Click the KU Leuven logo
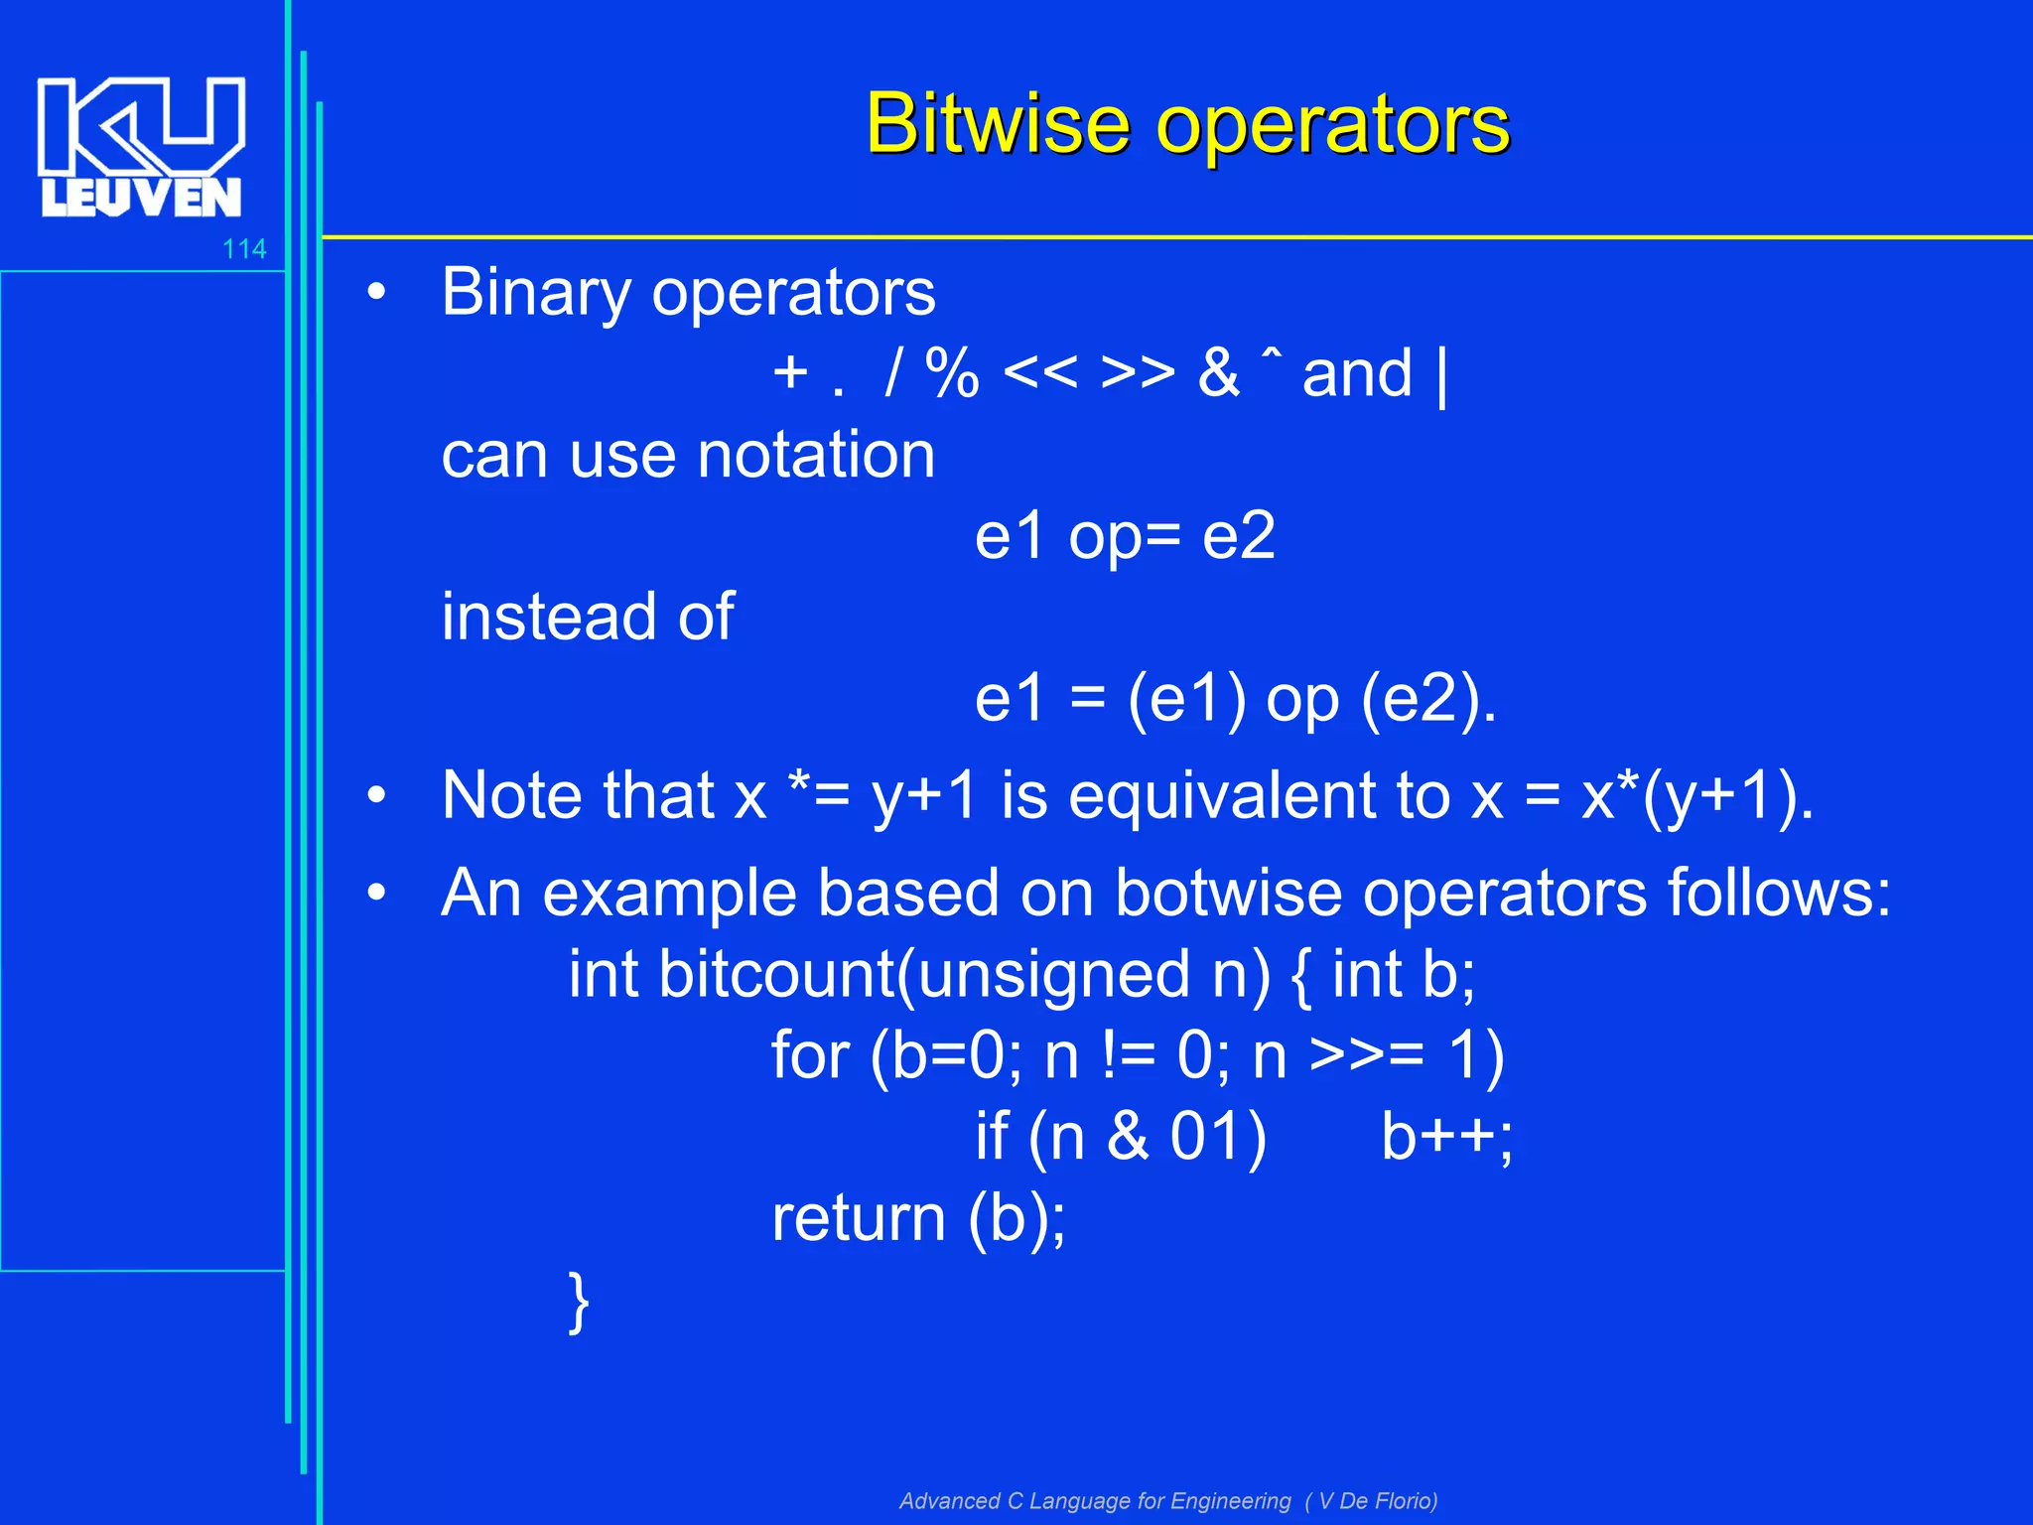(x=141, y=146)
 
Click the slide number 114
(x=244, y=249)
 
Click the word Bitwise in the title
(x=997, y=124)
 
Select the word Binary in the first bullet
(x=536, y=293)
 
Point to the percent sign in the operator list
(x=951, y=374)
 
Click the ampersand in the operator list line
(x=1218, y=374)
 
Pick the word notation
(x=816, y=456)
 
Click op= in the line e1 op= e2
(x=1124, y=537)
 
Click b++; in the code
(x=1446, y=1137)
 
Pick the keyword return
(x=859, y=1218)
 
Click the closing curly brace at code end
(x=580, y=1301)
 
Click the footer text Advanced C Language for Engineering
(x=1095, y=1500)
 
